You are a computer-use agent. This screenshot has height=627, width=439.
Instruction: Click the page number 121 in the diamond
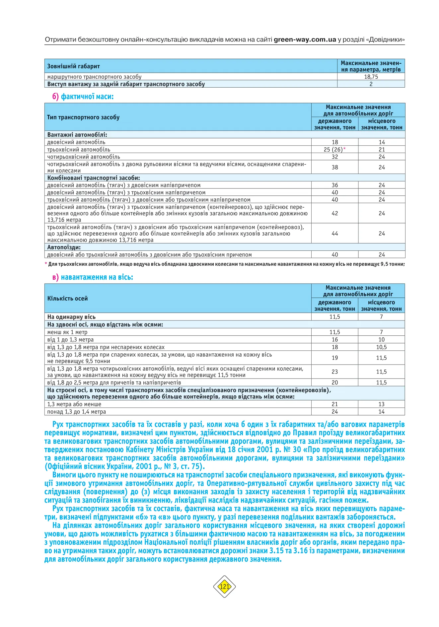tap(224, 587)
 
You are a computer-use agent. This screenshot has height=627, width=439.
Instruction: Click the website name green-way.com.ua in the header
tap(305, 40)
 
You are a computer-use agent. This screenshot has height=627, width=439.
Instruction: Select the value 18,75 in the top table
tap(371, 77)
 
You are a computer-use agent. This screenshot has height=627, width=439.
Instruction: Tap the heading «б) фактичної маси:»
tap(83, 97)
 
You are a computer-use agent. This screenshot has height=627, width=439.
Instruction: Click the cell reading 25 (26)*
tap(334, 149)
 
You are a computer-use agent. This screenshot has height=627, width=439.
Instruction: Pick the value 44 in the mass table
tap(334, 234)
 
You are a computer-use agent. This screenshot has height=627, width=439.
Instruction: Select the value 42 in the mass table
tap(334, 213)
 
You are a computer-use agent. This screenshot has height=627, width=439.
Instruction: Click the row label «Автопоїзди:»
tap(64, 247)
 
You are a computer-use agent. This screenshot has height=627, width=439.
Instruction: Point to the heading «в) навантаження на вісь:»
tap(93, 277)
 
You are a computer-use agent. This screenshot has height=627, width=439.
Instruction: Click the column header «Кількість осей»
tap(68, 298)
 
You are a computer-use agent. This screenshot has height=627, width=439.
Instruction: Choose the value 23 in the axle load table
tap(334, 372)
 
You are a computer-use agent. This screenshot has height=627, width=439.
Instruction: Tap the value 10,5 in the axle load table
tap(381, 347)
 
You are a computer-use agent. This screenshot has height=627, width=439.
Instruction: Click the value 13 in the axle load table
tap(381, 404)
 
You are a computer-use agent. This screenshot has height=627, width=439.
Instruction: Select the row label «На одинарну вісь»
tap(71, 317)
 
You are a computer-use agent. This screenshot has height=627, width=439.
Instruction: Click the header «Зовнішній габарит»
tap(73, 66)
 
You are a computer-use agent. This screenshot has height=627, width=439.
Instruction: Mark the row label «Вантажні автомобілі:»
tap(77, 135)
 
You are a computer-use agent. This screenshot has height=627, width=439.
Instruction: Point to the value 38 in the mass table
tap(334, 167)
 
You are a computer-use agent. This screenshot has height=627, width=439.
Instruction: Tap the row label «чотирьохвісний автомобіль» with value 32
tap(84, 157)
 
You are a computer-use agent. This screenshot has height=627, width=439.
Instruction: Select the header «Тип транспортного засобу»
tap(83, 117)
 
